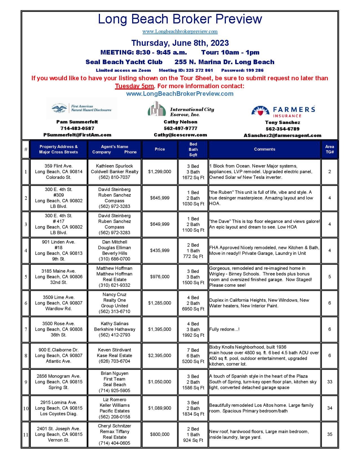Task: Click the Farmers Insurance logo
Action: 283,111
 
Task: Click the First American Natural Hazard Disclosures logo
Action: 82,108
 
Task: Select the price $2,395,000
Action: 160,356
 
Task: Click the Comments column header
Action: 264,149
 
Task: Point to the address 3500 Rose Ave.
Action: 58,324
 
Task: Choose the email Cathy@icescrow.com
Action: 180,135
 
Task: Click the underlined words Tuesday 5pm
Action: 134,86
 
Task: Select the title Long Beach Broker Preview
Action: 180,19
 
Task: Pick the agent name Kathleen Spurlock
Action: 114,166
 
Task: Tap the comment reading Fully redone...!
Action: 224,329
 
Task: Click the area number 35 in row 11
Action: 330,434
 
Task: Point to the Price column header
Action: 160,149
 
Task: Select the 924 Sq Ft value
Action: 193,440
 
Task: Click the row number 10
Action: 26,408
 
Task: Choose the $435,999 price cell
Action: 160,250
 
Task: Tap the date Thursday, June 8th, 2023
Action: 180,43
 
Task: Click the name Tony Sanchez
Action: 282,122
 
